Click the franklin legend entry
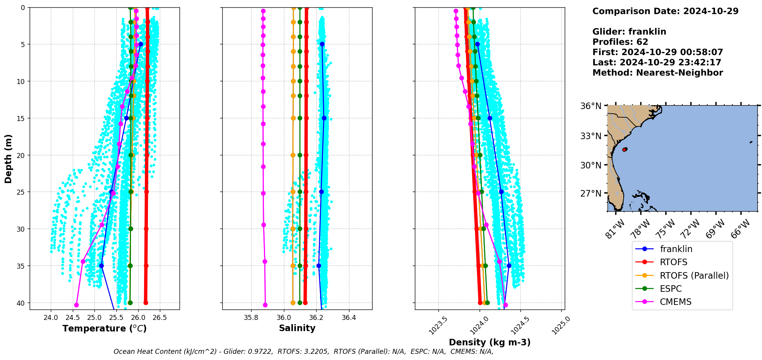click(676, 249)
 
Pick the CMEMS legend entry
click(675, 302)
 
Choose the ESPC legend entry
click(671, 289)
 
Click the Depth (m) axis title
click(8, 158)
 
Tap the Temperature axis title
click(104, 328)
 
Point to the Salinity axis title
click(297, 328)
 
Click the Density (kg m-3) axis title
click(489, 342)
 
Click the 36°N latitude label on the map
click(591, 106)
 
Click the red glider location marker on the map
click(624, 149)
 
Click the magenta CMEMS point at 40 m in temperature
click(76, 305)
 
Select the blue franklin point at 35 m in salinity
click(319, 266)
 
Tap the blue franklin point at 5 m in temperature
click(141, 44)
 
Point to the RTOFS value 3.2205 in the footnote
click(316, 352)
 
